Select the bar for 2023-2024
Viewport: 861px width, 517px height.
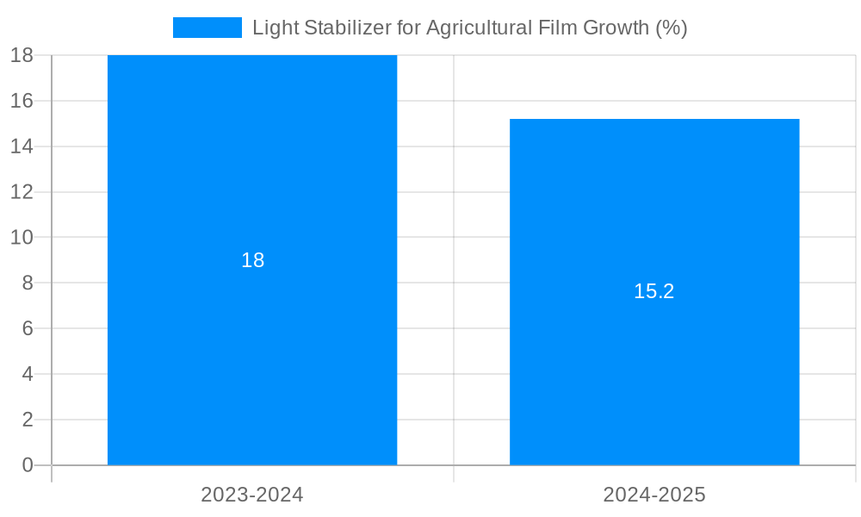[252, 345]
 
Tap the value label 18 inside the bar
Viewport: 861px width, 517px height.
[252, 260]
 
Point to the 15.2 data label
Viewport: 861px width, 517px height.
[654, 291]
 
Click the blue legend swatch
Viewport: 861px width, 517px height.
[208, 28]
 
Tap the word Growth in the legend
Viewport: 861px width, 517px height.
[616, 28]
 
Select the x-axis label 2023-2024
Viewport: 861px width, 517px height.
[252, 495]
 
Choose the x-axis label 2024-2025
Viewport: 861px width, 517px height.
[654, 495]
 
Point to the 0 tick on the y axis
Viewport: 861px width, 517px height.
[28, 465]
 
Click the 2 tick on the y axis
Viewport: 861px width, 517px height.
[28, 420]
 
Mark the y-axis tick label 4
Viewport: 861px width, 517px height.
[28, 374]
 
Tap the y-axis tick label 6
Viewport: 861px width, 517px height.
[28, 328]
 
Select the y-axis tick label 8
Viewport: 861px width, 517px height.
[28, 283]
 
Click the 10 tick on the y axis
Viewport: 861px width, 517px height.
[22, 237]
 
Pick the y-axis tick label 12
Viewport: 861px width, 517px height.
[22, 191]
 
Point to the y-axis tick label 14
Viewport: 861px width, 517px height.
[22, 146]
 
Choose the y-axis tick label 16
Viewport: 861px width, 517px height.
[22, 101]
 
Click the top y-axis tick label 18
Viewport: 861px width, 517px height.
[22, 55]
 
